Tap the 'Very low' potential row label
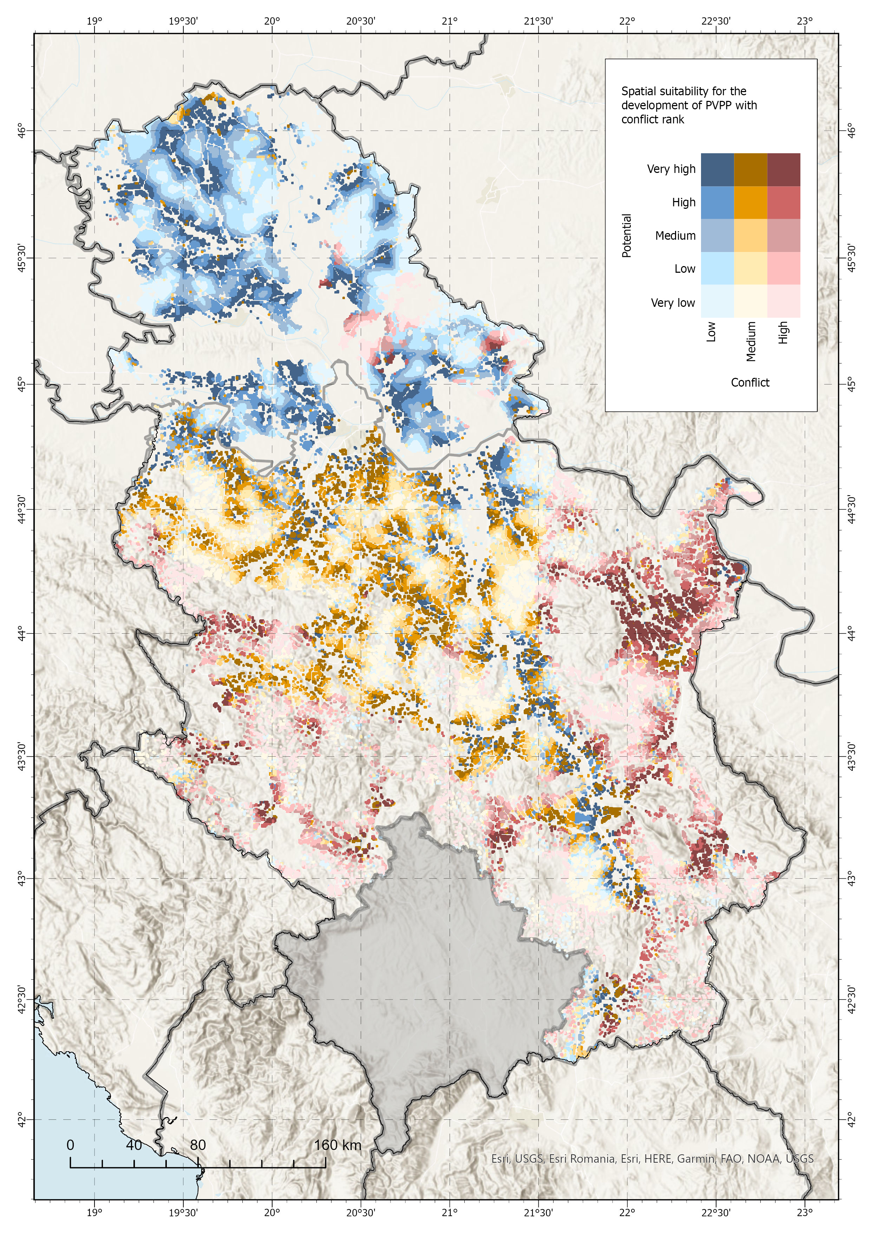click(x=673, y=303)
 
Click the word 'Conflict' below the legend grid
click(x=750, y=382)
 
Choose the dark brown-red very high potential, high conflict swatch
click(x=784, y=170)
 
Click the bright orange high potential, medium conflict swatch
click(x=750, y=202)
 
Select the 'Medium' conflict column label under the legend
click(x=751, y=341)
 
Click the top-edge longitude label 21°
click(x=450, y=21)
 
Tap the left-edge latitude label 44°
click(x=21, y=633)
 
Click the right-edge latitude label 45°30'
click(x=851, y=257)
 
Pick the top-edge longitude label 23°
click(x=805, y=21)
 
